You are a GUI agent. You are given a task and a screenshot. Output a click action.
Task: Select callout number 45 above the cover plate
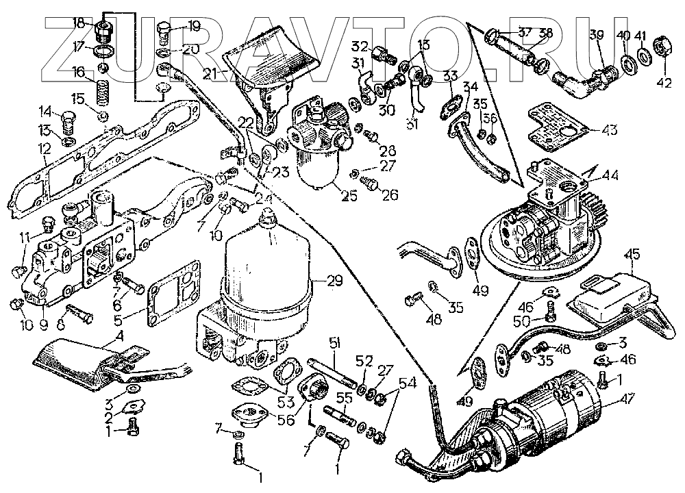pos(634,255)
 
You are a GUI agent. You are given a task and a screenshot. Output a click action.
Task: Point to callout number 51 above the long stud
pos(334,342)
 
